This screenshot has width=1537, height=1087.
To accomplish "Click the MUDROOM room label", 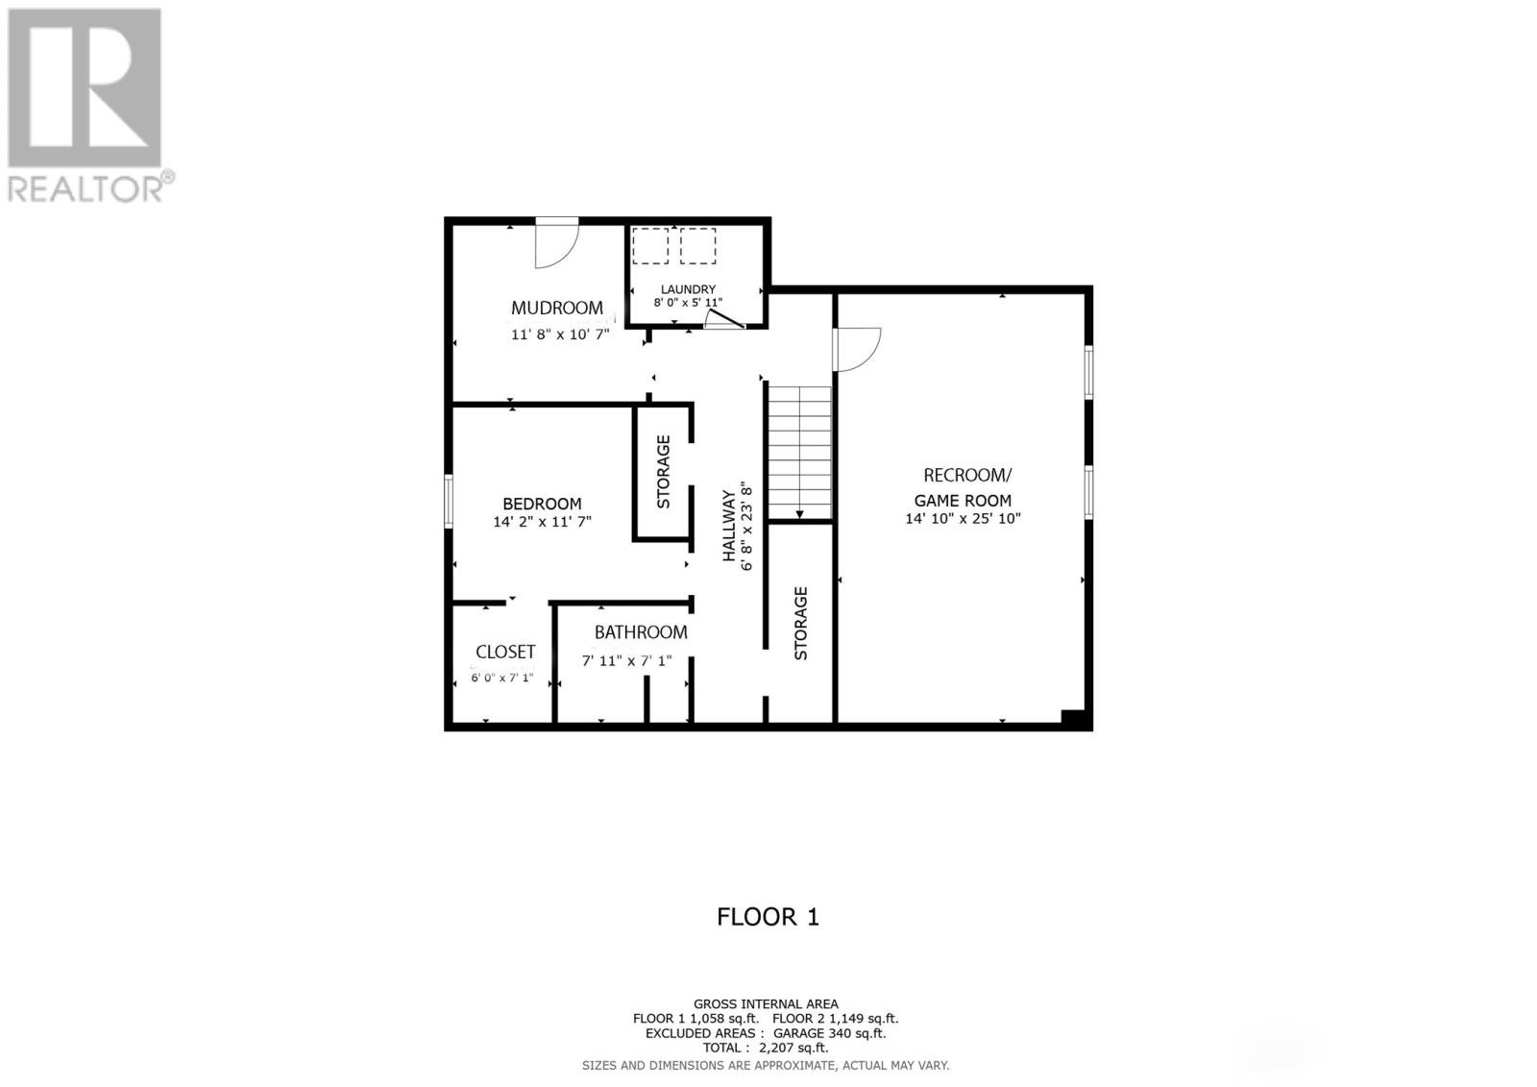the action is [x=556, y=308].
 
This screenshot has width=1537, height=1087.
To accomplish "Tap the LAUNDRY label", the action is [x=688, y=290].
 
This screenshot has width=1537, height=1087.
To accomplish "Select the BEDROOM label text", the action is [x=542, y=504].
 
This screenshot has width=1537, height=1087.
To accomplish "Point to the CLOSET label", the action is [x=505, y=651].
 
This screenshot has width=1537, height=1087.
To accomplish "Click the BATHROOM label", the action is [x=641, y=631].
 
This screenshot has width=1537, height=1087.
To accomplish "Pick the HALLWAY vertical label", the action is [x=729, y=526].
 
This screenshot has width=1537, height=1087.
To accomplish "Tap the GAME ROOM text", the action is [x=963, y=501].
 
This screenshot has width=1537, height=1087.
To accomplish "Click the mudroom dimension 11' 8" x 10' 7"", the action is [x=561, y=334].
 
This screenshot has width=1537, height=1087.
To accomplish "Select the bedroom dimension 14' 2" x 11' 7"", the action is [x=542, y=522].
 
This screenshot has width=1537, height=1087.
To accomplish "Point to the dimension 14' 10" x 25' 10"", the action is [x=963, y=518].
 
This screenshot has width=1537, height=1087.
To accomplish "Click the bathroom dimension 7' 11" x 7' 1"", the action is [x=626, y=660].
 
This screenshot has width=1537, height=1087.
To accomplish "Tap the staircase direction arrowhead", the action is [x=799, y=514].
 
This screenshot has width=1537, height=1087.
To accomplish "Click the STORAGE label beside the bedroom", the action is [x=663, y=472].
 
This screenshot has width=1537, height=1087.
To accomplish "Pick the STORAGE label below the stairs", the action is [x=801, y=624].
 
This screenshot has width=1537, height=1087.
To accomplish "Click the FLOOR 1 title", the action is [x=768, y=917].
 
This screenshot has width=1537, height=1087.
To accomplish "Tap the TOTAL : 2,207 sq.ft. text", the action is [x=765, y=1048].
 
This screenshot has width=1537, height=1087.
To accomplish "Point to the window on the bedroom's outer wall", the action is [x=449, y=502].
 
